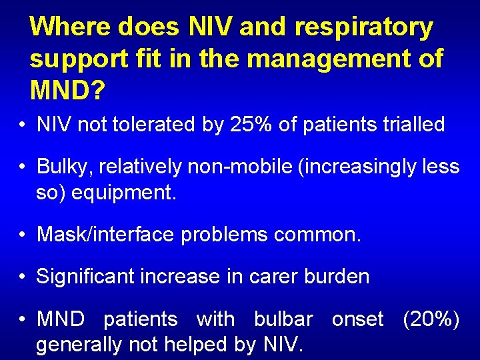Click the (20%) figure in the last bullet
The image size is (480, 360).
431,319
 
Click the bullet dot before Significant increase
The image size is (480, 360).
23,277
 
